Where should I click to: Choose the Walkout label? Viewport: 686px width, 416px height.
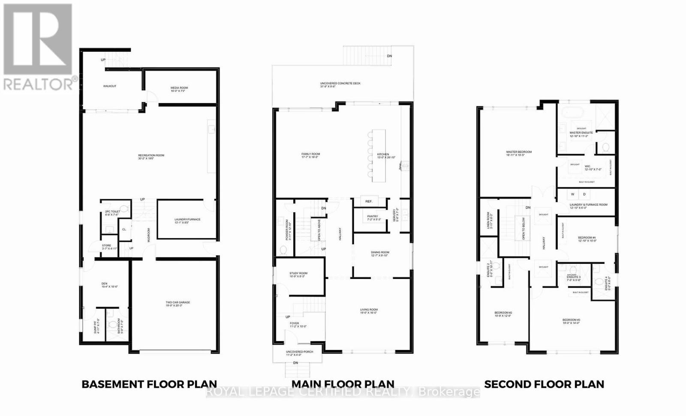[109, 86]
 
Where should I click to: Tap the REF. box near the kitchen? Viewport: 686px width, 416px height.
[369, 201]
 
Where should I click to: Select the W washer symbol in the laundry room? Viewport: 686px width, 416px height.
[572, 194]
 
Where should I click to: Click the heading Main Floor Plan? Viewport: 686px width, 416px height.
[343, 384]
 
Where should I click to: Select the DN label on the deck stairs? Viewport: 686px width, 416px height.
[389, 56]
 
